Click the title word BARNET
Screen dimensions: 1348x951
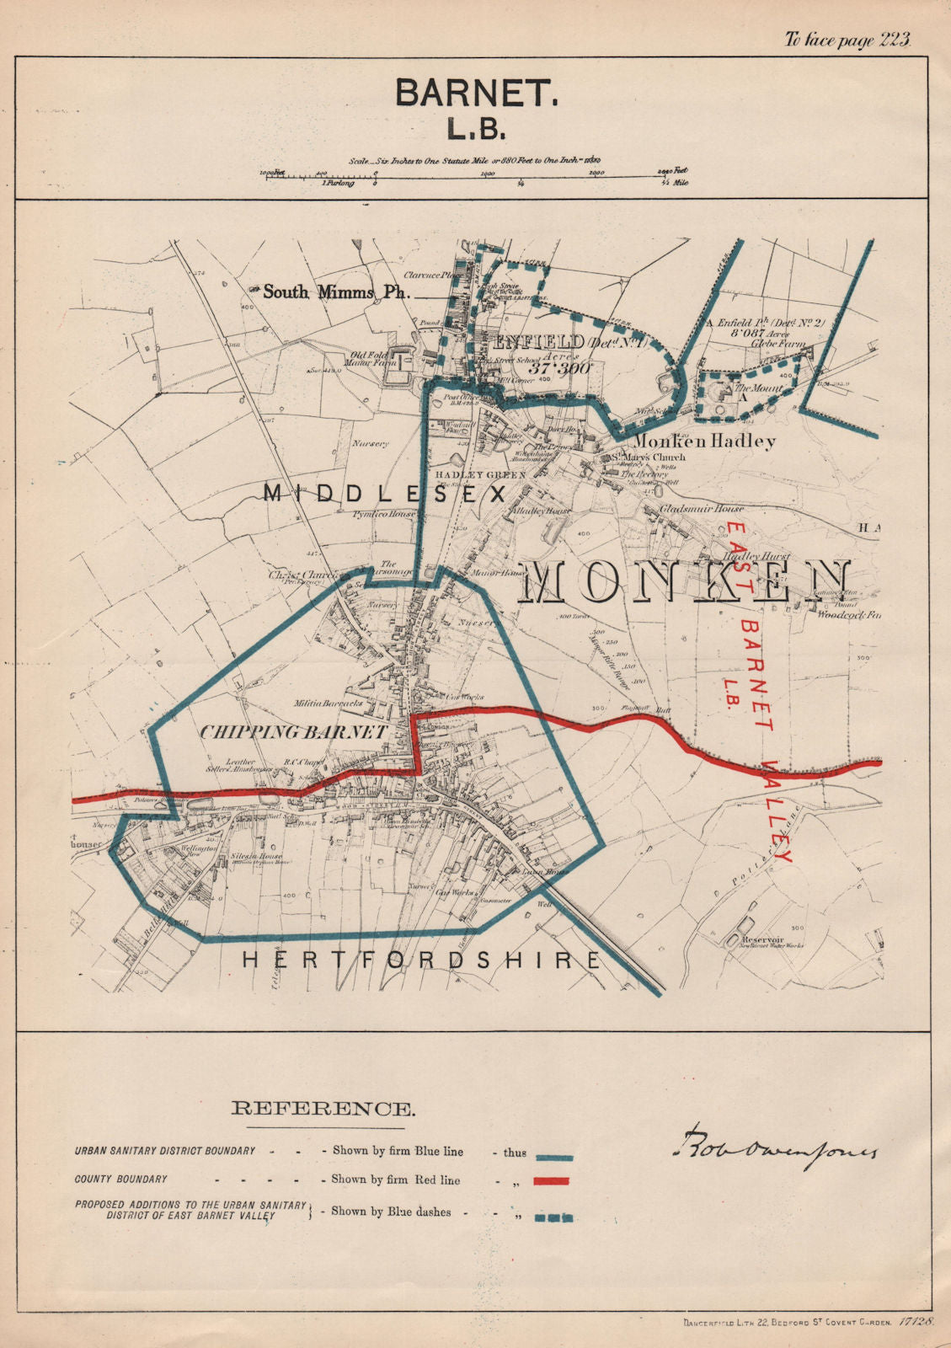tap(476, 93)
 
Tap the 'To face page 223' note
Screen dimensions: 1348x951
tap(848, 40)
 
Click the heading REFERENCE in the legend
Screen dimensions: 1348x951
tap(323, 1109)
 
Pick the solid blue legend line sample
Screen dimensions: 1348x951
tap(551, 1158)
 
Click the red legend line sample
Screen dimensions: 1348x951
tap(551, 1180)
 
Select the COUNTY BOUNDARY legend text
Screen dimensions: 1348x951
tap(120, 1179)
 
